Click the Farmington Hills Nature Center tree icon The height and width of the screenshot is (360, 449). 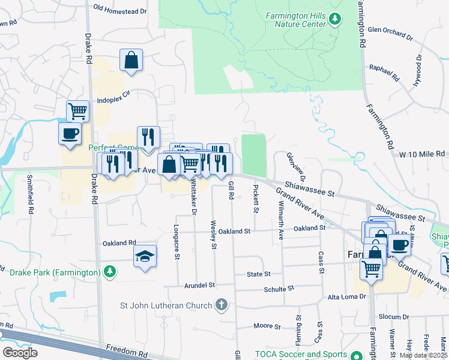point(335,21)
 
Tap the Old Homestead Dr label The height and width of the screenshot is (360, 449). point(120,11)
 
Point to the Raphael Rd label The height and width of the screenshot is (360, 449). point(384,73)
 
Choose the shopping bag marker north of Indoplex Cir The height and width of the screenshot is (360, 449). point(131,61)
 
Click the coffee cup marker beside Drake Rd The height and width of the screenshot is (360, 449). point(70,133)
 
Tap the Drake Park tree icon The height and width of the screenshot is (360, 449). point(109,272)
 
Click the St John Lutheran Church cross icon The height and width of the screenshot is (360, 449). point(221,305)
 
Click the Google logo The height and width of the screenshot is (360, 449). point(20,353)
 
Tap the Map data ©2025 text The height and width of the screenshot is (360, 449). point(423,356)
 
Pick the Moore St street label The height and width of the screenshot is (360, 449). point(267,326)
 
